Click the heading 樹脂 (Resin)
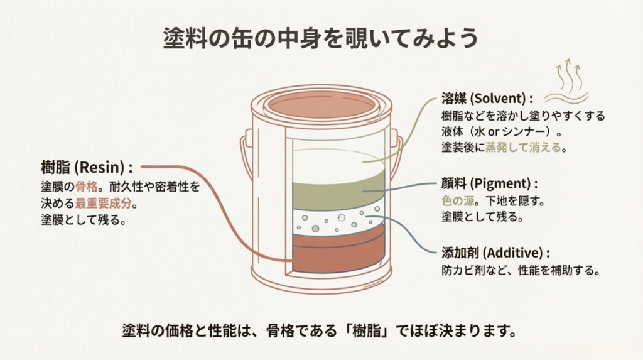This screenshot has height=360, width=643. coord(86,168)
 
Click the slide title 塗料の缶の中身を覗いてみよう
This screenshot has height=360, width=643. coord(321,38)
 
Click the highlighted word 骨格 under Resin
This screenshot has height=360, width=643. coord(85,187)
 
